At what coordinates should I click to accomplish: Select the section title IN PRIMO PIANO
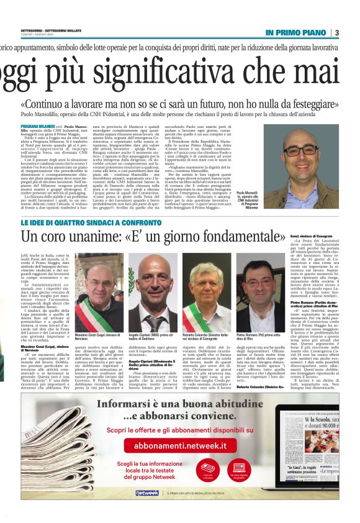(x=296, y=32)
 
